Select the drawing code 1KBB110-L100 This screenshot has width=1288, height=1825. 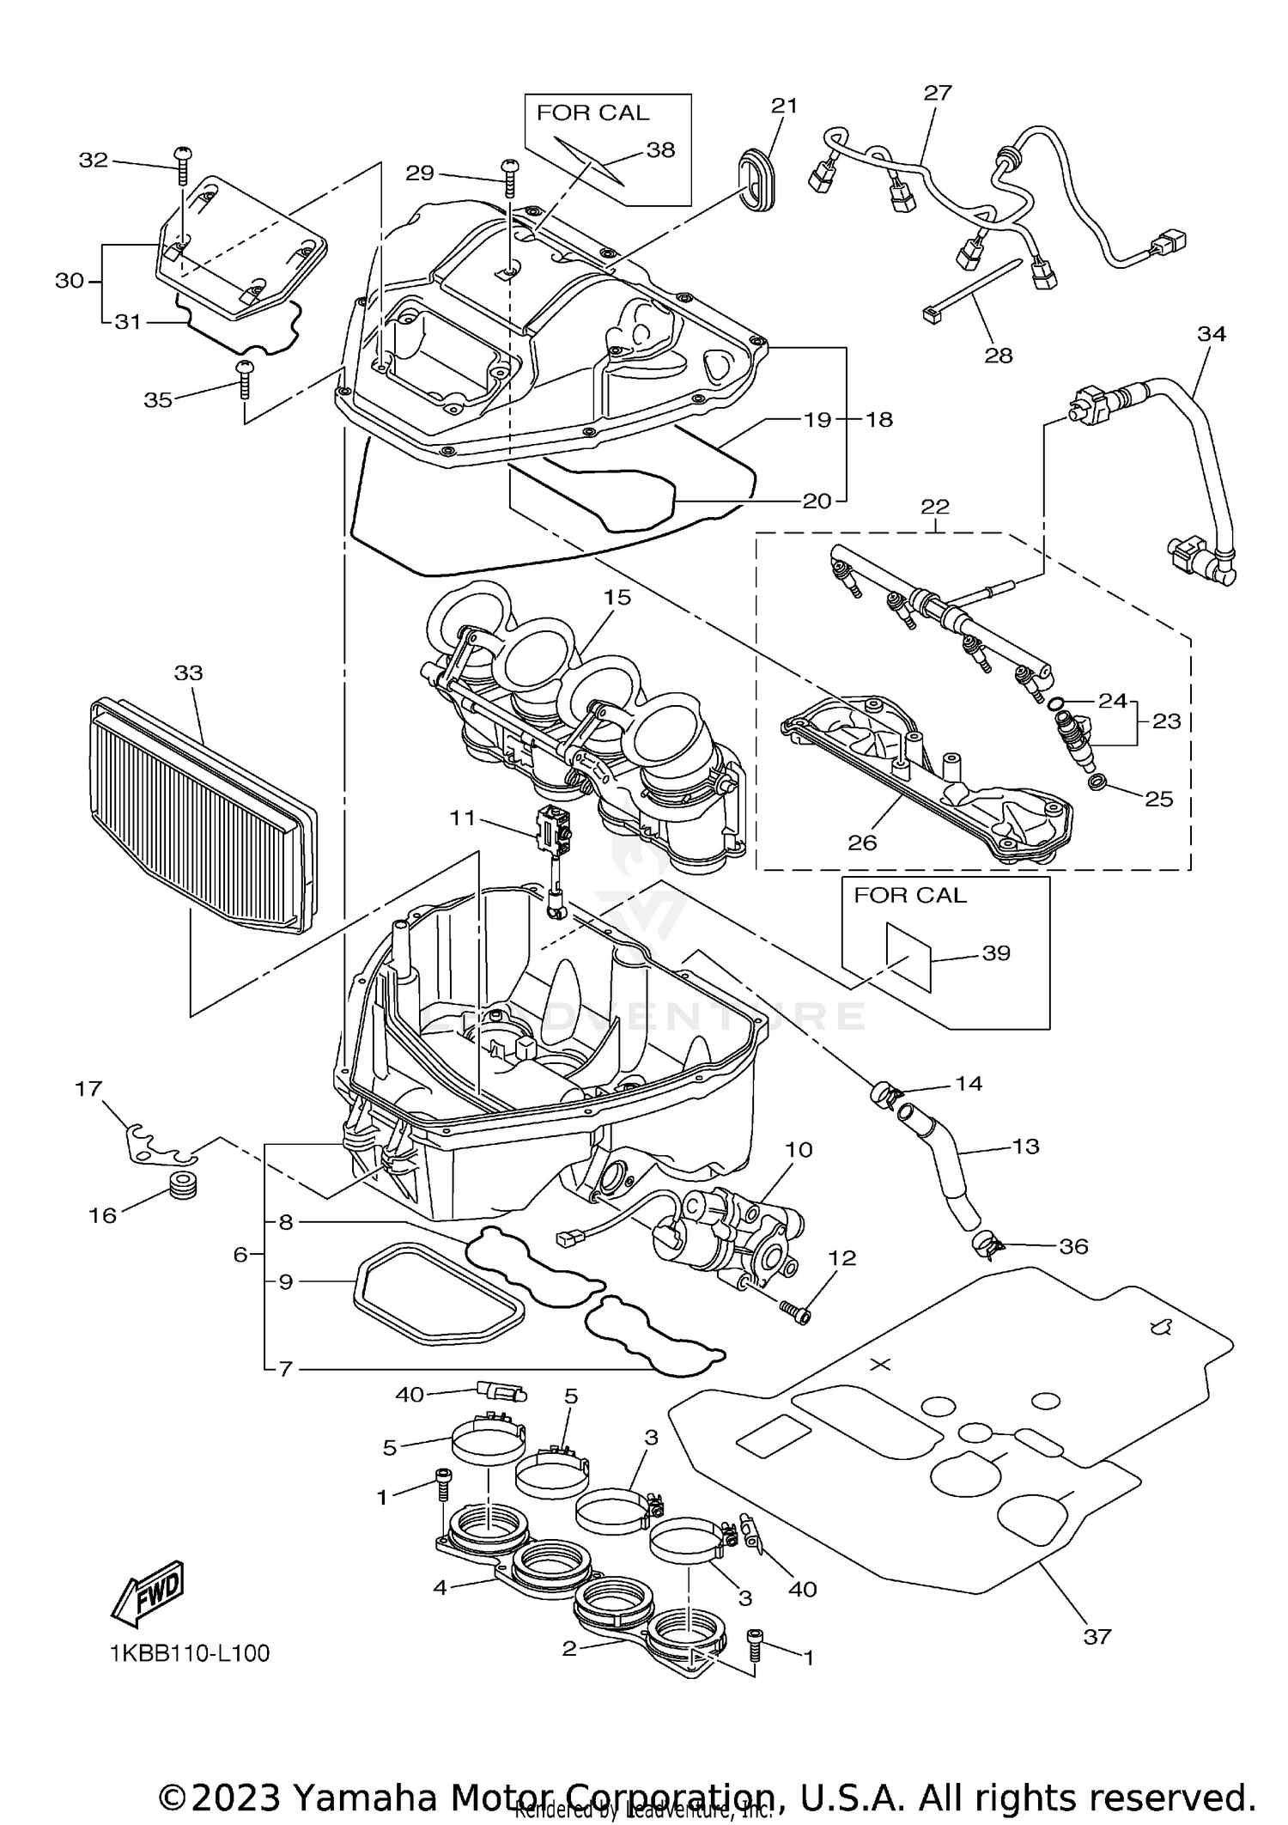(190, 1653)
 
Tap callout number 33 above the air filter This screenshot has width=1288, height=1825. (189, 672)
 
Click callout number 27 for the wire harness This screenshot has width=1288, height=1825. (938, 92)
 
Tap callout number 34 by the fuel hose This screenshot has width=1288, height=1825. (1212, 333)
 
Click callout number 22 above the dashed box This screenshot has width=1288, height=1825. (935, 507)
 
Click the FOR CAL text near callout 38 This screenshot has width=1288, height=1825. (592, 113)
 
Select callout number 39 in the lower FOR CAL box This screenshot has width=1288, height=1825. (996, 953)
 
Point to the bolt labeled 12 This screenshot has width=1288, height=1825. (795, 1310)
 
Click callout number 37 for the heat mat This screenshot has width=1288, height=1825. (1097, 1637)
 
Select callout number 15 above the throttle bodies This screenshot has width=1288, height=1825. (617, 597)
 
